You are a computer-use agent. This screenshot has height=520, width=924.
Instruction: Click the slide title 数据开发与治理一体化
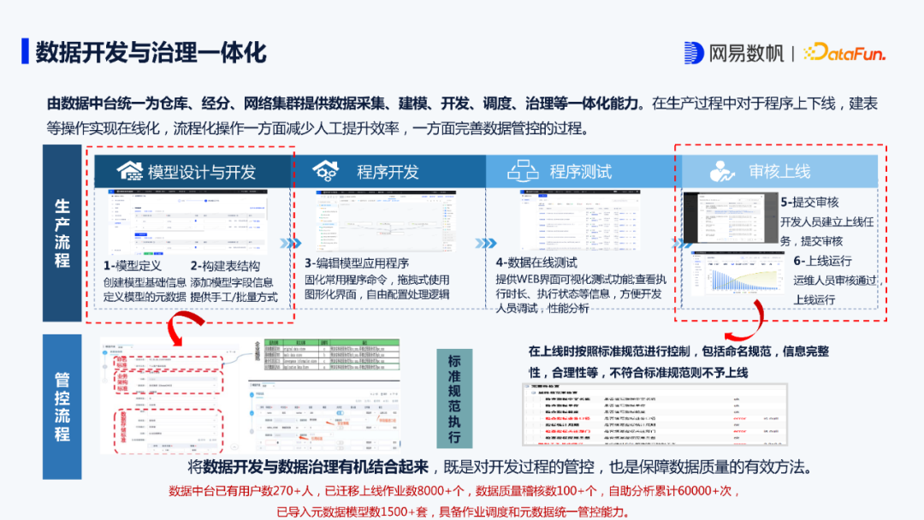click(x=151, y=51)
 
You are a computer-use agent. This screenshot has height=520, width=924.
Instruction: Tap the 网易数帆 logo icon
click(x=694, y=52)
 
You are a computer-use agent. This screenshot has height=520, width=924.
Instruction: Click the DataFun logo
click(x=844, y=53)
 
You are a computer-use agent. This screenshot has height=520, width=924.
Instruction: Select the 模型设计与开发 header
click(x=202, y=171)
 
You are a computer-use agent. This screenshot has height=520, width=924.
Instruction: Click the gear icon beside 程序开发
click(x=328, y=169)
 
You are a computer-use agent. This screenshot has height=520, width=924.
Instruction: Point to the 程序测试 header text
click(x=580, y=171)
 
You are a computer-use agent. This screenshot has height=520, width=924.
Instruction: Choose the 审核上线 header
click(x=779, y=171)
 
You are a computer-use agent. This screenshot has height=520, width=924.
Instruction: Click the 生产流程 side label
click(x=62, y=233)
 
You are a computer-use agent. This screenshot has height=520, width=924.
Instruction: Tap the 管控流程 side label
click(x=62, y=406)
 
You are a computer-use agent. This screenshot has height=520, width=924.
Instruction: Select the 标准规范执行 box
click(x=454, y=399)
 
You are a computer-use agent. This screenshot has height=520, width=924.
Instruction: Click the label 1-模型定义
click(x=133, y=266)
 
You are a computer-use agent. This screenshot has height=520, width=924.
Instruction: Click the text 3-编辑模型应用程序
click(x=357, y=263)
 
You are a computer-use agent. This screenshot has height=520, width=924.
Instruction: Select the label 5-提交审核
click(x=809, y=203)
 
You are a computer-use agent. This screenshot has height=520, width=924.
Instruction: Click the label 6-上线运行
click(x=822, y=261)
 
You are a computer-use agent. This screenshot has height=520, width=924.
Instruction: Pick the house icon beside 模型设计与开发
click(x=129, y=170)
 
